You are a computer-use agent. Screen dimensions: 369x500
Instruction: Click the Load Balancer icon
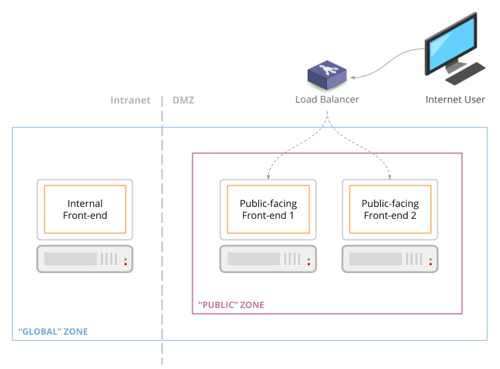click(x=326, y=77)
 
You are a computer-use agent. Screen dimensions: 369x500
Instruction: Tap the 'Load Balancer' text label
click(x=327, y=100)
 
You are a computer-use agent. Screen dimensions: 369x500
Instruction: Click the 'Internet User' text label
click(x=455, y=100)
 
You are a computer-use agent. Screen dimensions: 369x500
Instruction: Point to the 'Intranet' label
click(x=130, y=101)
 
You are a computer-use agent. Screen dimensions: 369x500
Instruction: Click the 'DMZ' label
click(x=183, y=101)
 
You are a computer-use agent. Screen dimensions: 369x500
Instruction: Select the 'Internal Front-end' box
click(x=85, y=209)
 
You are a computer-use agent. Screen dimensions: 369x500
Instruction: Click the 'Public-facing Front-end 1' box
click(x=268, y=209)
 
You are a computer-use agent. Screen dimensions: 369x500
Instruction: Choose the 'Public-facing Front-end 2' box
click(x=390, y=209)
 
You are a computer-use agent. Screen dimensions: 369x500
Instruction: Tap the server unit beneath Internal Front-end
click(x=85, y=259)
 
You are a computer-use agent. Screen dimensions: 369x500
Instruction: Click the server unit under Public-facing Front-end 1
click(x=268, y=259)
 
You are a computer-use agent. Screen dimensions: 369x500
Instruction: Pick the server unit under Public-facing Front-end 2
click(x=390, y=259)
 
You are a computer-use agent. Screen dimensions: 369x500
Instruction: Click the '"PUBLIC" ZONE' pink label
click(x=231, y=305)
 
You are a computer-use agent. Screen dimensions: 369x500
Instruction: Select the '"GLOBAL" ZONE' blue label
click(x=52, y=331)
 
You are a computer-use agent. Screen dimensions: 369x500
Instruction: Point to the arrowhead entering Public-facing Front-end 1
click(x=268, y=177)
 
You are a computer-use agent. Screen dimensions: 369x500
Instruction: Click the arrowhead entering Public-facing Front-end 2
click(x=390, y=177)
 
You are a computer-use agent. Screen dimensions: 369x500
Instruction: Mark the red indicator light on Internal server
click(x=125, y=264)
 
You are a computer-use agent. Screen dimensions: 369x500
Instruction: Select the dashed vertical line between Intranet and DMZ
click(x=162, y=231)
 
